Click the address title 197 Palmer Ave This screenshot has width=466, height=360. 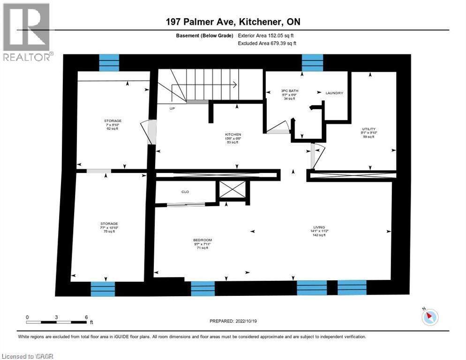pyautogui.click(x=233, y=22)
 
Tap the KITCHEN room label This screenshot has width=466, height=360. pyautogui.click(x=233, y=134)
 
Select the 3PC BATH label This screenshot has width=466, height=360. pyautogui.click(x=290, y=90)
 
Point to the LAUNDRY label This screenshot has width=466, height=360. pyautogui.click(x=334, y=93)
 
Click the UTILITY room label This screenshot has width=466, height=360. pyautogui.click(x=368, y=129)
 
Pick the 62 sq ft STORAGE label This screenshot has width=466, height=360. pyautogui.click(x=113, y=120)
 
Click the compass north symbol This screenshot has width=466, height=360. pyautogui.click(x=429, y=317)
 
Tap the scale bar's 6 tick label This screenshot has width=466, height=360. pyautogui.click(x=86, y=317)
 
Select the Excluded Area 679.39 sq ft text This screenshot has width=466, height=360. pyautogui.click(x=267, y=43)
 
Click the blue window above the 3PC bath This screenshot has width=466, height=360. pyautogui.click(x=312, y=62)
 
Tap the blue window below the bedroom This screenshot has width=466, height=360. pyautogui.click(x=203, y=288)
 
